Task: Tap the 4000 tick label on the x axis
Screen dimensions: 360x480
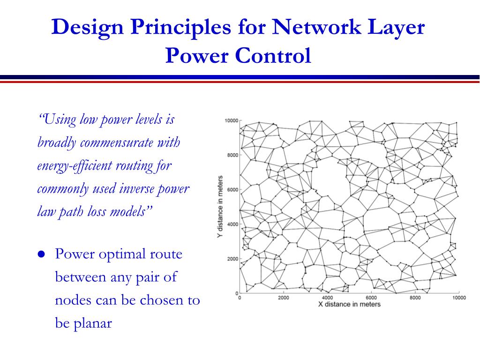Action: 327,298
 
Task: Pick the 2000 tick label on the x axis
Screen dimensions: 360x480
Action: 283,298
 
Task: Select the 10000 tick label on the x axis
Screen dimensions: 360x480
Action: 458,298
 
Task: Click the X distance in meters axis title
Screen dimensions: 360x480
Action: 349,305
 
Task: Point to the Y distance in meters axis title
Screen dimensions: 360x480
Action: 220,207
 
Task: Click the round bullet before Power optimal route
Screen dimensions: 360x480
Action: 41,255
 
